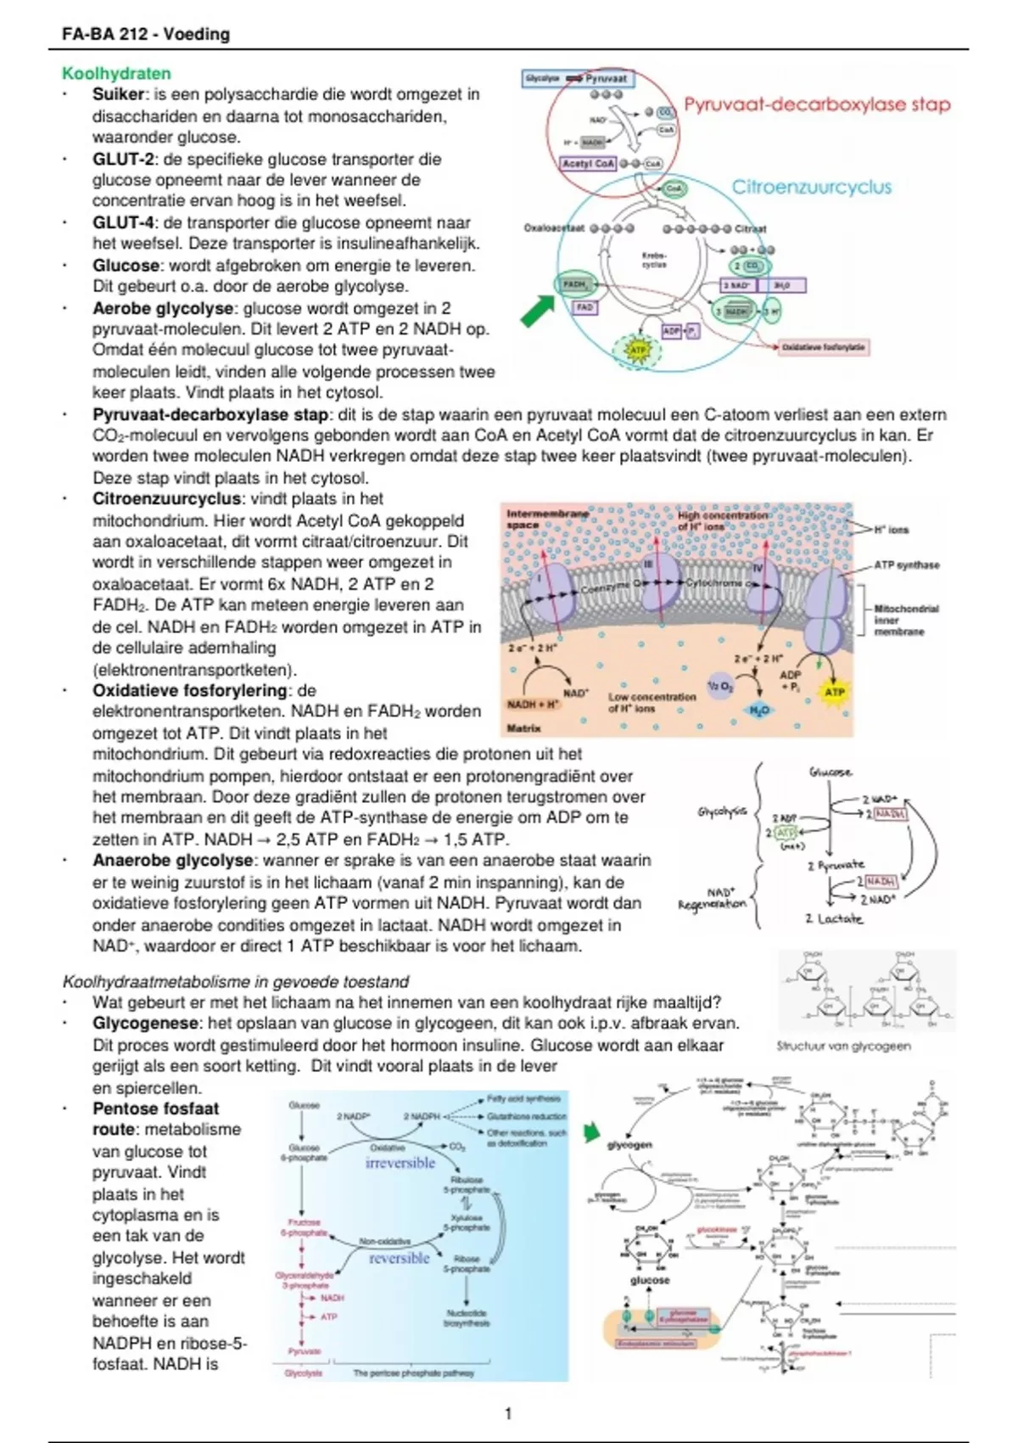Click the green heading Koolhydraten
116,74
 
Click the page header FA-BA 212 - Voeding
146,34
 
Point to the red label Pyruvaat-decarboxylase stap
817,104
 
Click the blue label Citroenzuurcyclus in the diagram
812,187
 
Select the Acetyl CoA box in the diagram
588,163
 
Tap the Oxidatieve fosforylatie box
823,347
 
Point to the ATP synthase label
906,564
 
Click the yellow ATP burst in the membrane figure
835,692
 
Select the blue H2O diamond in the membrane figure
759,710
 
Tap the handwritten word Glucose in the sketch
831,772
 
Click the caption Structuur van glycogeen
843,1046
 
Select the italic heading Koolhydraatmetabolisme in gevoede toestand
236,982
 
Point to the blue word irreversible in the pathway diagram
400,1163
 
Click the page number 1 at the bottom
508,1413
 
